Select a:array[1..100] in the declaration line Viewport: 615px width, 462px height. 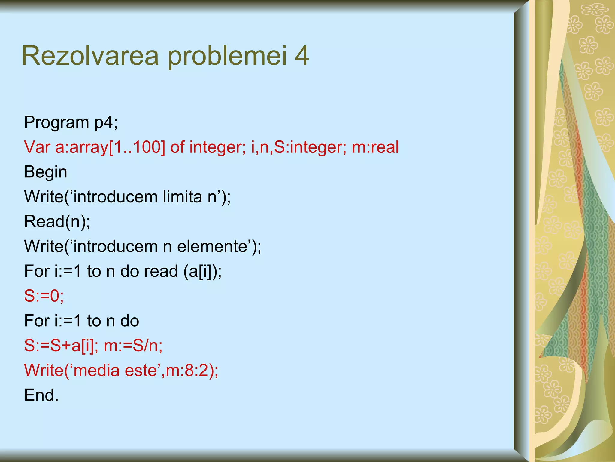point(110,148)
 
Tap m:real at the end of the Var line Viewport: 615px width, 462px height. point(375,147)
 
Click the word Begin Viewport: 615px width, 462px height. point(46,172)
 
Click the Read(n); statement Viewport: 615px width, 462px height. point(57,222)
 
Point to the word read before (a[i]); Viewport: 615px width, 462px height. point(161,271)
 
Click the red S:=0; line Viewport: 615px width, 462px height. point(44,296)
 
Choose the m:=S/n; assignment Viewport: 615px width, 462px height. point(133,346)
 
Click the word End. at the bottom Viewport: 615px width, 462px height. point(41,395)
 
